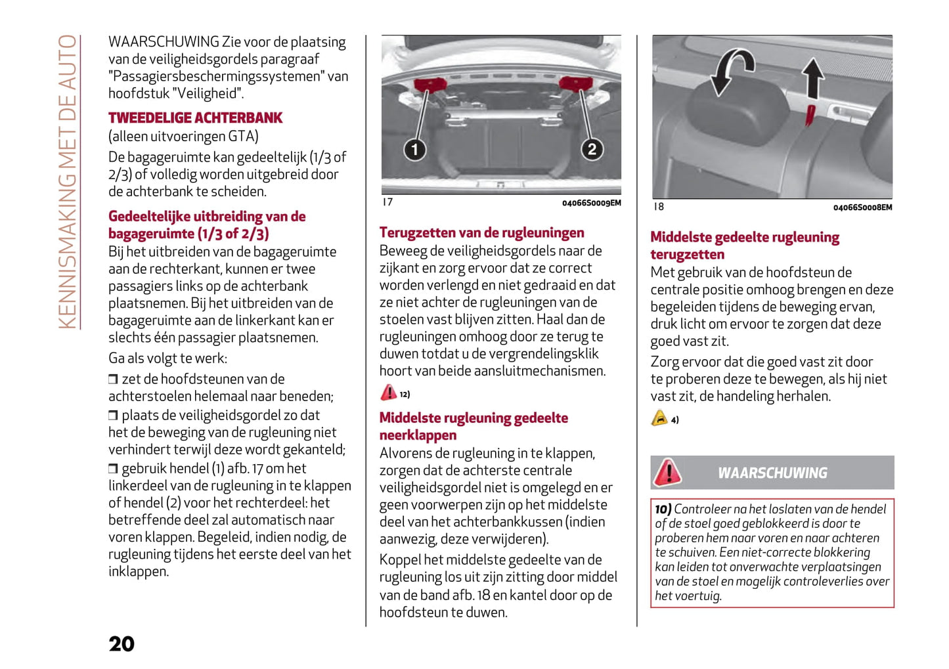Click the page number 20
coord(121,644)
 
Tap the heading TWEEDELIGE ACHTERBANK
coord(195,118)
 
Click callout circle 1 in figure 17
coord(414,150)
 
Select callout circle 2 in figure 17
coord(592,149)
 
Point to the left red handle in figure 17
coord(430,83)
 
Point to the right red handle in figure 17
coord(576,83)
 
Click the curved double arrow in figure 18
coord(734,72)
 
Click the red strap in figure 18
coord(810,115)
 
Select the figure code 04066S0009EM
coord(591,204)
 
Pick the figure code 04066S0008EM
coord(862,208)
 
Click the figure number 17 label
coord(387,202)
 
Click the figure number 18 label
coord(658,207)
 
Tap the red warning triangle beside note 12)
coord(389,393)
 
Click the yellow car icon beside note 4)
coord(659,418)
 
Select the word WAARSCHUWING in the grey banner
coord(772,473)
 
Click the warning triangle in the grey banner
coord(668,472)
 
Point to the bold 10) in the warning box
coord(663,509)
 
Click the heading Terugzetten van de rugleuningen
coord(481,233)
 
